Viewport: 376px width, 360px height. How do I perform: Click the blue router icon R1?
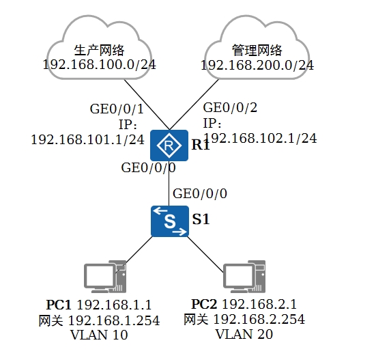(x=169, y=146)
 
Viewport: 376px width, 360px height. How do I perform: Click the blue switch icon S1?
(x=170, y=221)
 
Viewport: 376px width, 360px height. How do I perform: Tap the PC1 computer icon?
(x=105, y=277)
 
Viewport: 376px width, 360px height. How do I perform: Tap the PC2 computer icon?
(x=244, y=277)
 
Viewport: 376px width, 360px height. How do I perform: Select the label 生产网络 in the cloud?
(x=99, y=50)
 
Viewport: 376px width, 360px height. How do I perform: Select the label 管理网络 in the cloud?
(x=257, y=50)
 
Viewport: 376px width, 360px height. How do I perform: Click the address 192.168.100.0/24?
(x=99, y=65)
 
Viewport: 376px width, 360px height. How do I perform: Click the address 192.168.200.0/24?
(x=257, y=65)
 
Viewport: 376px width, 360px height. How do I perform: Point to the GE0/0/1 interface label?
(x=117, y=109)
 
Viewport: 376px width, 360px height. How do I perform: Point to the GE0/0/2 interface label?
(x=230, y=107)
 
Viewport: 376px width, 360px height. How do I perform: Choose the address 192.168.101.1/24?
(x=88, y=139)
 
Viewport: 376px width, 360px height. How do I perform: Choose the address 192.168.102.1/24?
(x=260, y=138)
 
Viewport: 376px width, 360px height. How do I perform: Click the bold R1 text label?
(x=201, y=145)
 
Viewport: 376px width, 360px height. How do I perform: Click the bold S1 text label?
(x=201, y=219)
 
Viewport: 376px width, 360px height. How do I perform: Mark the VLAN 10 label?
(x=99, y=335)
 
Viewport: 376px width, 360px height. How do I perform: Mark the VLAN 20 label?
(x=244, y=334)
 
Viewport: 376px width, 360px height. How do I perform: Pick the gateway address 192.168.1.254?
(x=114, y=320)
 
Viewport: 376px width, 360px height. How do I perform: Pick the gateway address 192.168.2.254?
(x=259, y=319)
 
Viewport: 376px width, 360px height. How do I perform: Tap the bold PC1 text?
(x=59, y=305)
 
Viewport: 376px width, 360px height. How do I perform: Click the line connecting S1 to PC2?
(x=205, y=255)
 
